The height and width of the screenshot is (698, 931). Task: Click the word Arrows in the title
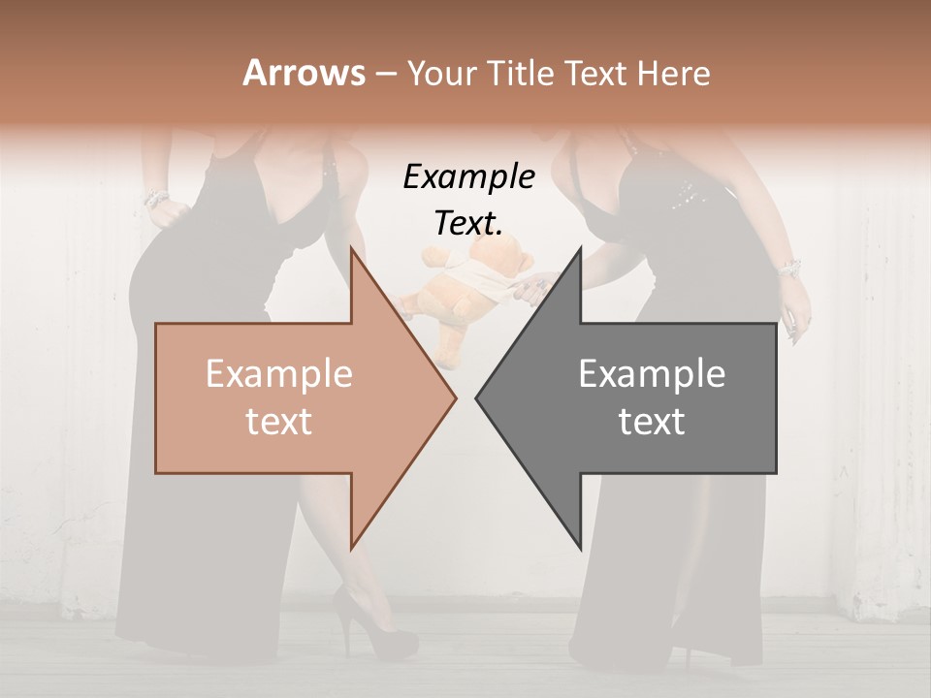tap(303, 73)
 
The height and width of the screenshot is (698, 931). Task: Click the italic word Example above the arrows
tap(468, 176)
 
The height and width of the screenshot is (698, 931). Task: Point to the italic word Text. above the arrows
tap(468, 223)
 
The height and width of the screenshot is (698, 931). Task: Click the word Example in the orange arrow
tap(279, 374)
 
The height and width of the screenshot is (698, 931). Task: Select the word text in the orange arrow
tap(279, 422)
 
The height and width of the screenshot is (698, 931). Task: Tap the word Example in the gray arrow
tap(652, 374)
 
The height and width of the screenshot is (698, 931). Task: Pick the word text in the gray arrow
tap(652, 422)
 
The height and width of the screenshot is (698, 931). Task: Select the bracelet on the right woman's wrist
tap(787, 267)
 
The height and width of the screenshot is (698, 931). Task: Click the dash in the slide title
tap(385, 75)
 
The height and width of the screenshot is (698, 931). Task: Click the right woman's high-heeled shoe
tap(684, 651)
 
